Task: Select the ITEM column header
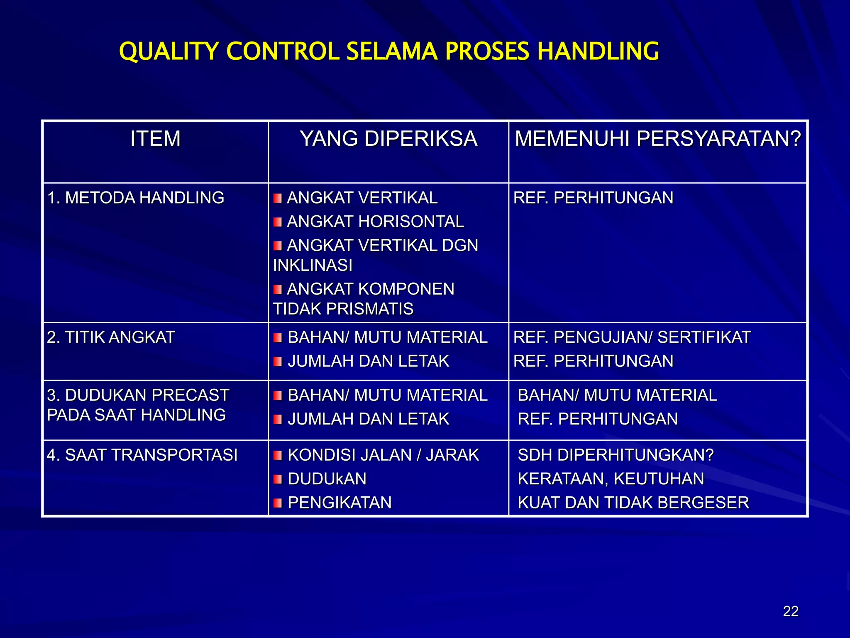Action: click(x=155, y=138)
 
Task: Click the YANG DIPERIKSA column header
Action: click(x=388, y=138)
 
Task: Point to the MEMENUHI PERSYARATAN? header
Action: click(x=658, y=138)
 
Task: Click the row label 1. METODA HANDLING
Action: click(x=136, y=198)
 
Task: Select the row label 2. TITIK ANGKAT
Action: click(x=111, y=337)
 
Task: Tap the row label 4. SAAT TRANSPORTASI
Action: click(x=142, y=455)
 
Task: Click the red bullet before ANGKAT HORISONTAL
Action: click(x=278, y=222)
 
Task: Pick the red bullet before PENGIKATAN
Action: click(x=278, y=503)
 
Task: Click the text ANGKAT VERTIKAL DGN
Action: click(x=382, y=245)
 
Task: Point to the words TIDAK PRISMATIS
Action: click(x=343, y=309)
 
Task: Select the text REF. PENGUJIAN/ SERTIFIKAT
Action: click(x=632, y=337)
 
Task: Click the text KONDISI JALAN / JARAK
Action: click(x=383, y=455)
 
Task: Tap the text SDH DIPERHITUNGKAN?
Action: click(x=616, y=455)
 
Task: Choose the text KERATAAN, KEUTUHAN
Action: click(x=611, y=479)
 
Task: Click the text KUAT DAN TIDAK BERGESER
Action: click(x=633, y=503)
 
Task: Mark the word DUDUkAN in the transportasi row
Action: click(x=327, y=479)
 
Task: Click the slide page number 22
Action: click(x=791, y=611)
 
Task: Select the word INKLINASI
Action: click(x=313, y=265)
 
